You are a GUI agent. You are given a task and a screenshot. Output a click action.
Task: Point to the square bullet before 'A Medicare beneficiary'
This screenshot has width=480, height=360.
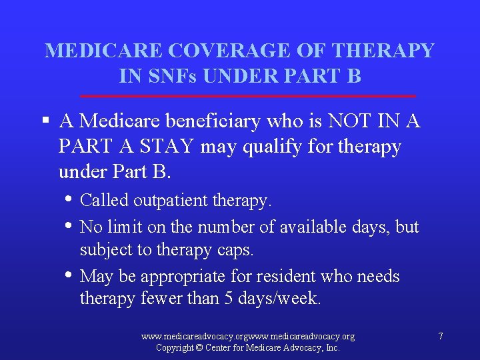tap(45, 121)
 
